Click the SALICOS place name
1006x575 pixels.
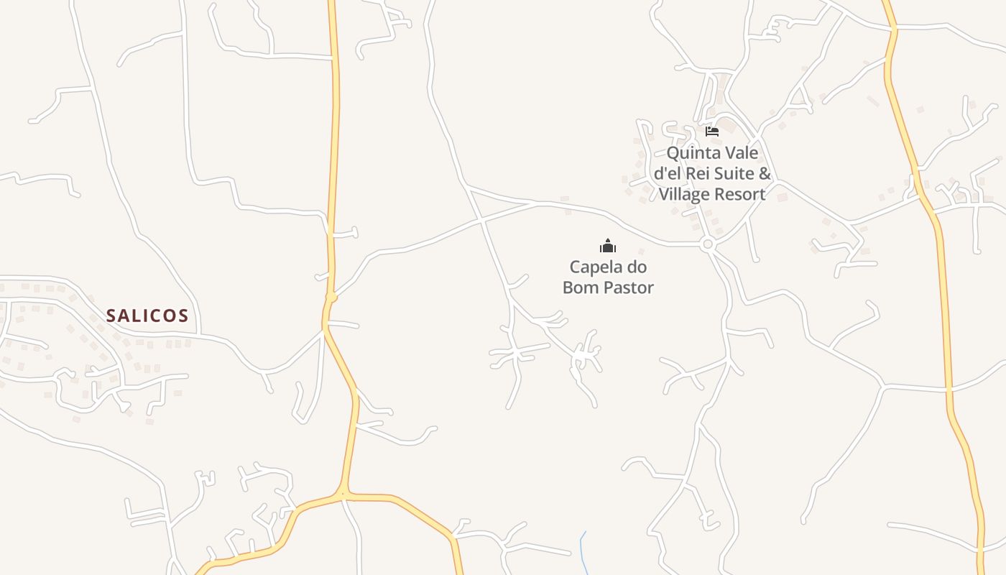coord(147,316)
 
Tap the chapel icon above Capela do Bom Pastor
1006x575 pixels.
coord(608,246)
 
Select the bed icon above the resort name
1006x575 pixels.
coord(712,132)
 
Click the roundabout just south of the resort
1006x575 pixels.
coord(708,244)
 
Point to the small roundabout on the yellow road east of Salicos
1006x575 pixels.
coord(331,297)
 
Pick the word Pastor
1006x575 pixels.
coord(629,288)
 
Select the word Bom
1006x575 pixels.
coord(581,288)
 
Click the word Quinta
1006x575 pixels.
coord(692,153)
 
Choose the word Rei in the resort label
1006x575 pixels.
coord(700,174)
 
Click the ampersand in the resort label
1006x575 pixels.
coord(765,174)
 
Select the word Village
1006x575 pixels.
coord(684,194)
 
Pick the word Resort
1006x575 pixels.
coord(739,194)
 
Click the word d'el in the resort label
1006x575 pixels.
coord(668,174)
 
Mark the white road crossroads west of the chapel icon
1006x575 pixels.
coord(481,220)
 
